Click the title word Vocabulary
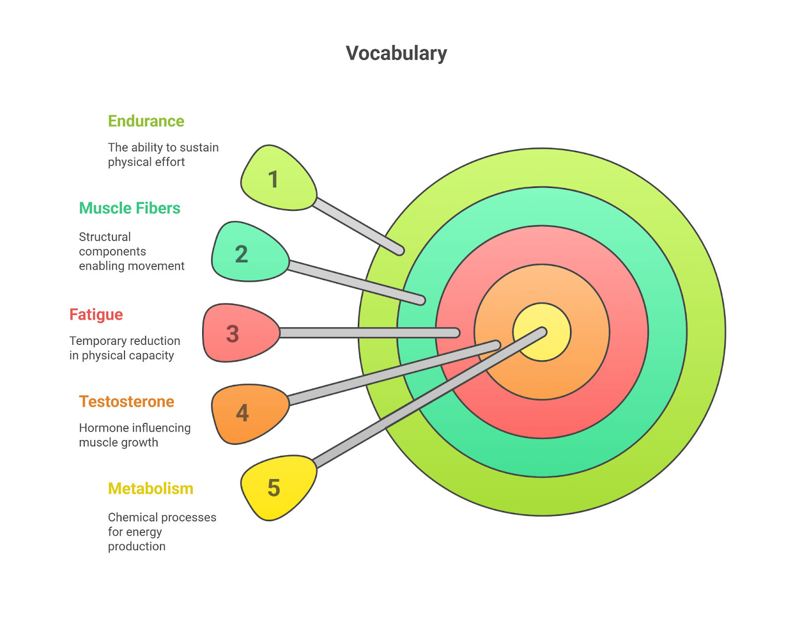click(396, 54)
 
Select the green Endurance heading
click(146, 121)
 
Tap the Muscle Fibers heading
click(129, 208)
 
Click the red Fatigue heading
click(96, 315)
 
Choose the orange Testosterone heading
click(126, 402)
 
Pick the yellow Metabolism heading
click(150, 489)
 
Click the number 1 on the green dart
click(273, 180)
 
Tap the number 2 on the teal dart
click(241, 254)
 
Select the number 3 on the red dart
click(232, 334)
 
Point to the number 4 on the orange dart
click(242, 413)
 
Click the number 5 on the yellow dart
click(274, 488)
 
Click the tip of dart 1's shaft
click(400, 251)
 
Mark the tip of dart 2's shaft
click(421, 300)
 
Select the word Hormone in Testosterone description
click(103, 428)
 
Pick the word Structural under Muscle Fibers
click(105, 237)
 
